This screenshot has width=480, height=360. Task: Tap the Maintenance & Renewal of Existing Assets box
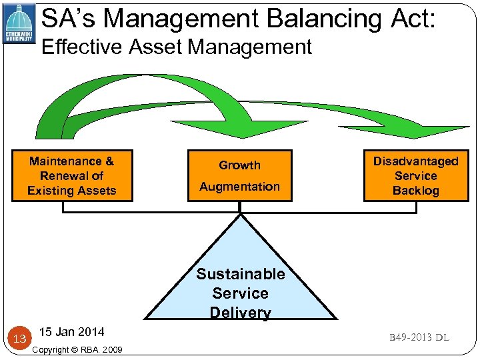[72, 175]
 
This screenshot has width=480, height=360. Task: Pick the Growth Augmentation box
[239, 175]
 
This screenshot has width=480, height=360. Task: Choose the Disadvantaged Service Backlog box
[415, 175]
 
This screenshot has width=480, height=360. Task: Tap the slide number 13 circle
[19, 339]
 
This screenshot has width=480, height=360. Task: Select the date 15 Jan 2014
[71, 332]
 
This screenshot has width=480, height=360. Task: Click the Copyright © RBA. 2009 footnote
[77, 349]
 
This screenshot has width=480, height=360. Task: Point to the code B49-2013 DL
[419, 337]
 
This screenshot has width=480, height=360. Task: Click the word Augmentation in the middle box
[239, 187]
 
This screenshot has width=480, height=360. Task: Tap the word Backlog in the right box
[415, 191]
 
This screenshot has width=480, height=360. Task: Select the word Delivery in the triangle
[240, 313]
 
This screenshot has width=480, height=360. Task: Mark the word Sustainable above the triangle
[240, 274]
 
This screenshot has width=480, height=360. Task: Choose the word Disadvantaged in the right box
[415, 161]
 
